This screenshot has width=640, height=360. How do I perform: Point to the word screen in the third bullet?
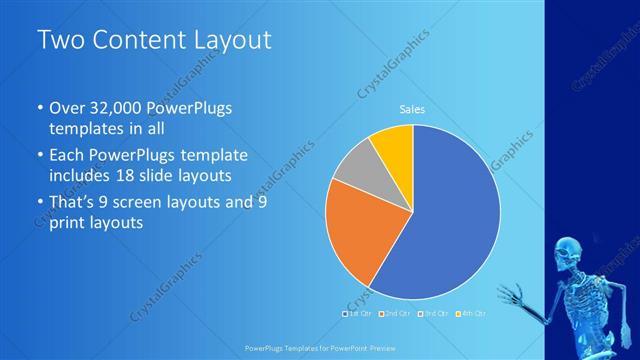153,203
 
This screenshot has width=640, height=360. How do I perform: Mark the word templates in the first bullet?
84,130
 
